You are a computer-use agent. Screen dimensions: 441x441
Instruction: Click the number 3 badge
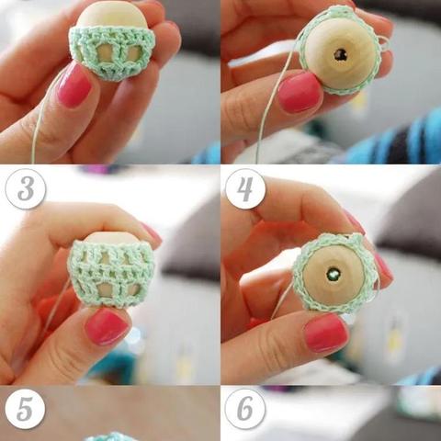26,188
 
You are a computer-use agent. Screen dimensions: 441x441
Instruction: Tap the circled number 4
245,188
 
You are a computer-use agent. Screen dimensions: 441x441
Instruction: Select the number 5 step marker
25,409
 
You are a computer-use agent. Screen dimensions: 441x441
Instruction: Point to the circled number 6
245,409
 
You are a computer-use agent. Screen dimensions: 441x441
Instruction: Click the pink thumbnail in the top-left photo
74,85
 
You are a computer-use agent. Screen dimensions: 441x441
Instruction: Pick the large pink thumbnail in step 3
107,326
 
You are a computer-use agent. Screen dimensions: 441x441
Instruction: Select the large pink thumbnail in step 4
326,334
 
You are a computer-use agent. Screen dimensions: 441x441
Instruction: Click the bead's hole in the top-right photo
340,55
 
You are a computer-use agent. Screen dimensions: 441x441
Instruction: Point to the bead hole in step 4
333,274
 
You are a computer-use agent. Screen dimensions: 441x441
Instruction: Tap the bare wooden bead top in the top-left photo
112,15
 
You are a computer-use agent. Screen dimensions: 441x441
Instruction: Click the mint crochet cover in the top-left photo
112,53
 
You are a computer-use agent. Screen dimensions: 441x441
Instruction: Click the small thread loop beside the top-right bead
385,42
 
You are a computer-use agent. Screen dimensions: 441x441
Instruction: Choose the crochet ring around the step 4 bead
334,274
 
